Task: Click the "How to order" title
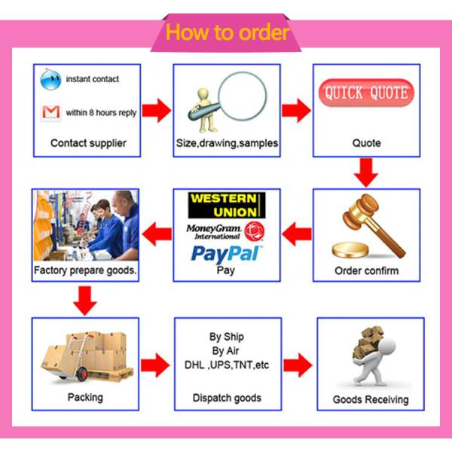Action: pyautogui.click(x=227, y=32)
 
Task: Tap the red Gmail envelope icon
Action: pyautogui.click(x=50, y=112)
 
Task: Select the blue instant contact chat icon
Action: pyautogui.click(x=50, y=78)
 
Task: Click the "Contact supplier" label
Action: pyautogui.click(x=88, y=142)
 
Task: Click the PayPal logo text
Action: pyautogui.click(x=226, y=253)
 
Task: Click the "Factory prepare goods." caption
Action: pyautogui.click(x=86, y=270)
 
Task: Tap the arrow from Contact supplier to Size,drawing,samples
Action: pyautogui.click(x=156, y=111)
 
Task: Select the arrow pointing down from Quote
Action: pyautogui.click(x=367, y=172)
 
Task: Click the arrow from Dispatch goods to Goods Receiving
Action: pyautogui.click(x=298, y=366)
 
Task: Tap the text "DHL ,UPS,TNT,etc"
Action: pyautogui.click(x=227, y=365)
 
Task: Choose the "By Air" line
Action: pyautogui.click(x=227, y=351)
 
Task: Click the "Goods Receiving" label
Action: pyautogui.click(x=371, y=399)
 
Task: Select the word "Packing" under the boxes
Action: pyautogui.click(x=85, y=397)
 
